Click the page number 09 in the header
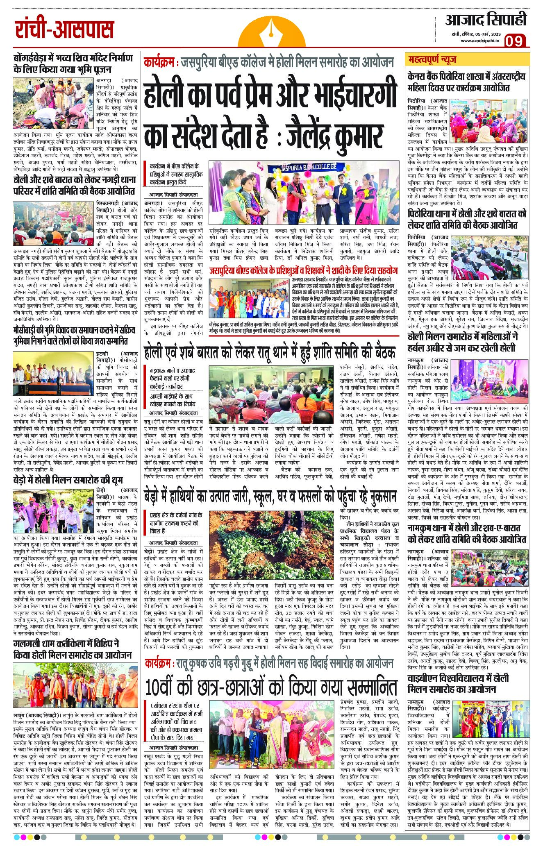tap(516, 42)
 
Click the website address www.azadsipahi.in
tap(479, 41)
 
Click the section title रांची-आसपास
tap(64, 30)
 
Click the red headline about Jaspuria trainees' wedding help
tap(303, 271)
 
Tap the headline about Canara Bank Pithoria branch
tap(466, 82)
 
